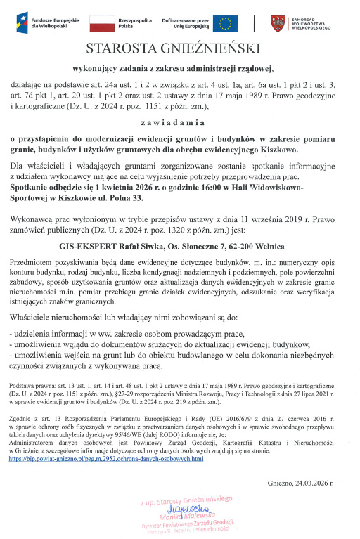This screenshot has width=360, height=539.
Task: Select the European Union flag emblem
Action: point(225,24)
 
